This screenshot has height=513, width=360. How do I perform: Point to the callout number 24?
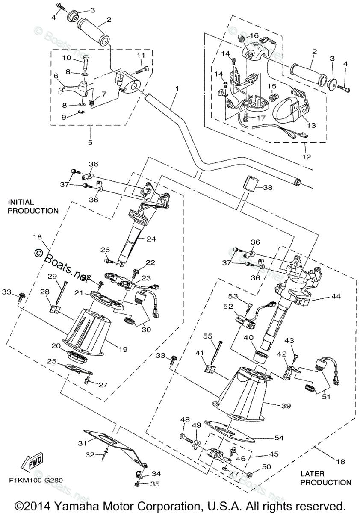(150, 239)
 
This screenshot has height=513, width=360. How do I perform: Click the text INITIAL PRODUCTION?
(32, 206)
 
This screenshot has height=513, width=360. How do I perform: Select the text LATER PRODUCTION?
(326, 478)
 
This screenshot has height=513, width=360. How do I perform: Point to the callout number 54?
(278, 438)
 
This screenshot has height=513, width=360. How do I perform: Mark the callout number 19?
(123, 349)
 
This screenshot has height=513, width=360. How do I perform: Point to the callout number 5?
(90, 142)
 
